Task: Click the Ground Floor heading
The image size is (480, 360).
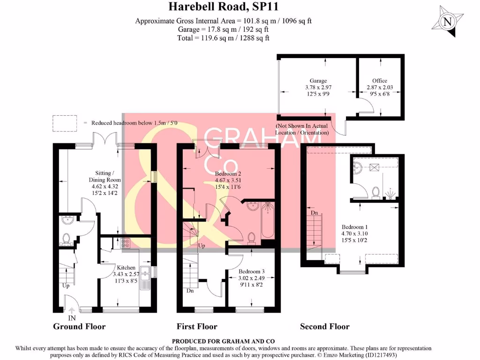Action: [x=79, y=326]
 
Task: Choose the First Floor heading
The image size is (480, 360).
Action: [x=197, y=326]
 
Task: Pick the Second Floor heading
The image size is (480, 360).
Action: [x=325, y=326]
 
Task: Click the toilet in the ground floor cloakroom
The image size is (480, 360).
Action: [x=66, y=239]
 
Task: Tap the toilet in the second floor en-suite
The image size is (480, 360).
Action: [x=375, y=193]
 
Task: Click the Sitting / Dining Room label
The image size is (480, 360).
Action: [x=105, y=176]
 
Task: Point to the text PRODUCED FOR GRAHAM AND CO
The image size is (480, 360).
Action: [x=223, y=341]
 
